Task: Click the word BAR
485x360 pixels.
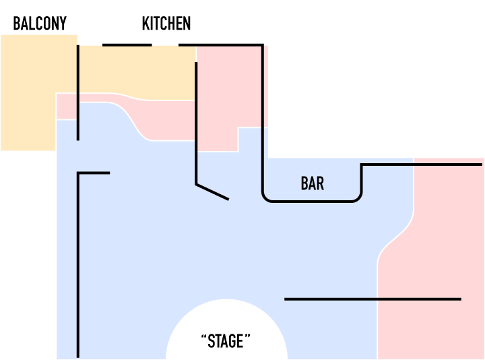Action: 312,183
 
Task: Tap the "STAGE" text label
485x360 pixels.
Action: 226,341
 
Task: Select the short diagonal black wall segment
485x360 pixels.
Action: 212,191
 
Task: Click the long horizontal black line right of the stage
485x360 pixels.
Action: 373,299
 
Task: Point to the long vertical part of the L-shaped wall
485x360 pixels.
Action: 78,270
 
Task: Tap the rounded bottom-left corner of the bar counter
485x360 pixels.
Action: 266,197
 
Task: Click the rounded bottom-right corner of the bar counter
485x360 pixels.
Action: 358,197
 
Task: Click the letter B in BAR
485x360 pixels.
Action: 304,183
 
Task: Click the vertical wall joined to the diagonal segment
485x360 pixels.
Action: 196,121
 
